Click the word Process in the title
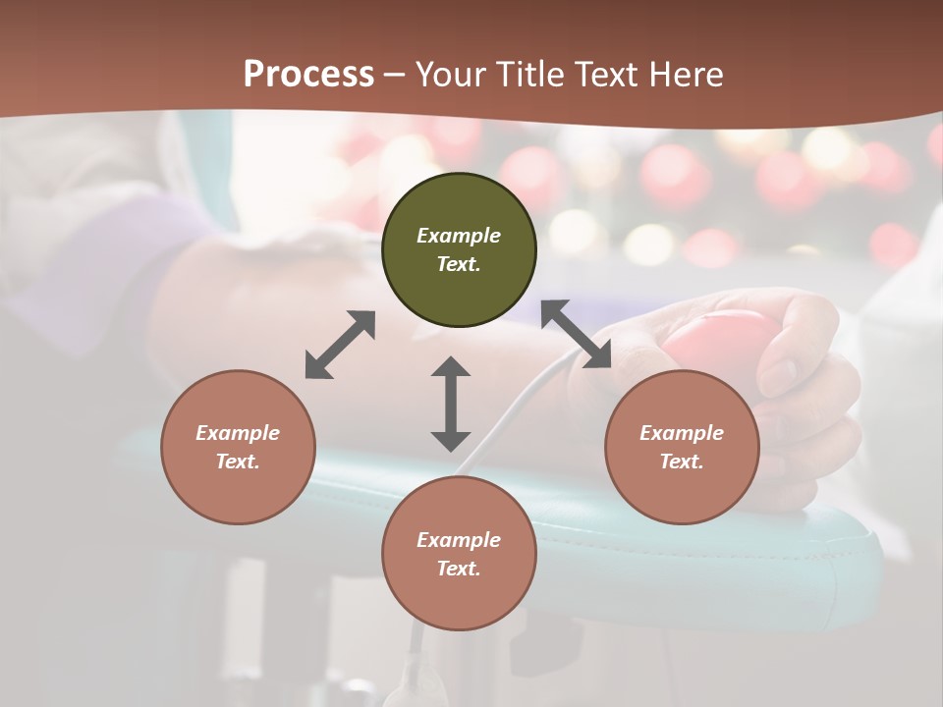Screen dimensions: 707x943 [x=308, y=75]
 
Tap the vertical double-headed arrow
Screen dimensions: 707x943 [x=451, y=404]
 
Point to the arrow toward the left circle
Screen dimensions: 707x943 [x=340, y=345]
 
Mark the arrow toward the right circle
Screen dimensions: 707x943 [x=576, y=335]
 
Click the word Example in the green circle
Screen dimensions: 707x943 [x=459, y=236]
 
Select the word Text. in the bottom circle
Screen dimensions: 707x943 [x=459, y=569]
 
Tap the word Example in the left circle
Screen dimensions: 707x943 [x=238, y=433]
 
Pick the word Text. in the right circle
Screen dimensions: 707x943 [x=682, y=462]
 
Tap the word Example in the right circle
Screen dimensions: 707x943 [x=682, y=433]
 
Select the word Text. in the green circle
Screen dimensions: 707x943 [x=459, y=264]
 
